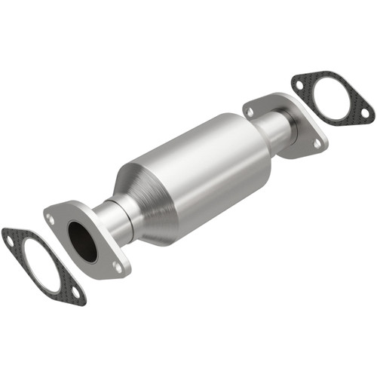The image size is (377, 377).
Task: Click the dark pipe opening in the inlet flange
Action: tap(82, 241)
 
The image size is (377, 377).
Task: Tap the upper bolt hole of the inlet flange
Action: tap(51, 219)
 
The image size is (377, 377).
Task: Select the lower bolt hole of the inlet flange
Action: tap(116, 265)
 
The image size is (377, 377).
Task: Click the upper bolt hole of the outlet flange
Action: tap(250, 112)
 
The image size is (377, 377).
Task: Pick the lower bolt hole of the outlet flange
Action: tap(316, 142)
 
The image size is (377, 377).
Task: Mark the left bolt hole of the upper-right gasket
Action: tap(299, 84)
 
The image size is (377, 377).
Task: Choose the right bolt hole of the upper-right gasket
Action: tap(365, 114)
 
